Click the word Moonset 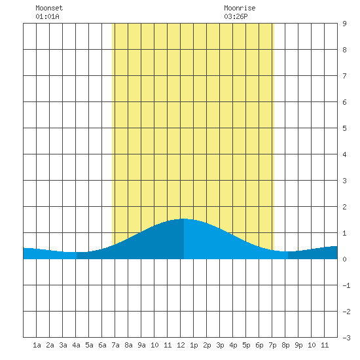click(x=49, y=8)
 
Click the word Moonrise click(x=240, y=8)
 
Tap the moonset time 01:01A click(x=48, y=16)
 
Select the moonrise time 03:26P click(x=236, y=16)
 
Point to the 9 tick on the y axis click(x=344, y=24)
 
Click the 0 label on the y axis click(x=344, y=259)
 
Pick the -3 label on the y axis click(x=346, y=338)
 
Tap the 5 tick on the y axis click(x=344, y=128)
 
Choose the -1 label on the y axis click(x=346, y=285)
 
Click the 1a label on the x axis click(x=37, y=345)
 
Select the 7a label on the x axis click(x=115, y=345)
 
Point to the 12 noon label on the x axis click(x=181, y=345)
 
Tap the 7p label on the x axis click(x=272, y=345)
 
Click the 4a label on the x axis click(x=76, y=345)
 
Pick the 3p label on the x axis click(x=220, y=345)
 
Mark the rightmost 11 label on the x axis click(x=325, y=345)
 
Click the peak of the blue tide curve click(x=184, y=219)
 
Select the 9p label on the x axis click(x=298, y=345)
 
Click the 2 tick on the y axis click(x=344, y=207)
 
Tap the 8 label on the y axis click(x=344, y=50)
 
